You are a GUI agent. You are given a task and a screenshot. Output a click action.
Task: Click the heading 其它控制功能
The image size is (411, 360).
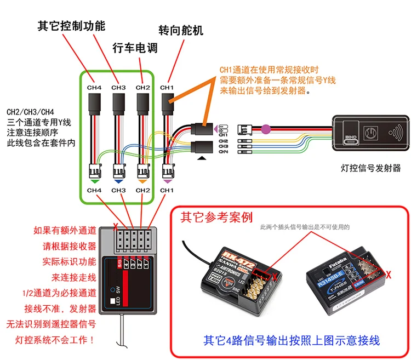(71, 25)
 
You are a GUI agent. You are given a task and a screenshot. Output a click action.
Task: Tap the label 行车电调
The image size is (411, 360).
(135, 48)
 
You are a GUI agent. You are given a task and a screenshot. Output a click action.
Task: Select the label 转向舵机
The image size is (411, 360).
(180, 30)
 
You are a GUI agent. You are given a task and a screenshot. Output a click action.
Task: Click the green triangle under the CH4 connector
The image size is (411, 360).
(94, 180)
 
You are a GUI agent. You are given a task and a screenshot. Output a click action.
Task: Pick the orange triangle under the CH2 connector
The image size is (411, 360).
(142, 180)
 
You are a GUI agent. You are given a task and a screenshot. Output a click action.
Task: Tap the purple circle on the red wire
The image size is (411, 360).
(266, 130)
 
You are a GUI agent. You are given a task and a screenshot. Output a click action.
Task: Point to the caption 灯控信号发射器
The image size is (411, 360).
(370, 168)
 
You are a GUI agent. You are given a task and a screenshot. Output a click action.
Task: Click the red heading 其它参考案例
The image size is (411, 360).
(216, 218)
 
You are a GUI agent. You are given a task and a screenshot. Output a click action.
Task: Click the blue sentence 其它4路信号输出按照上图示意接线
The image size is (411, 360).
(292, 341)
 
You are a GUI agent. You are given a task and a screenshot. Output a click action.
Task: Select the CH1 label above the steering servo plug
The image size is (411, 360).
(167, 87)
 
